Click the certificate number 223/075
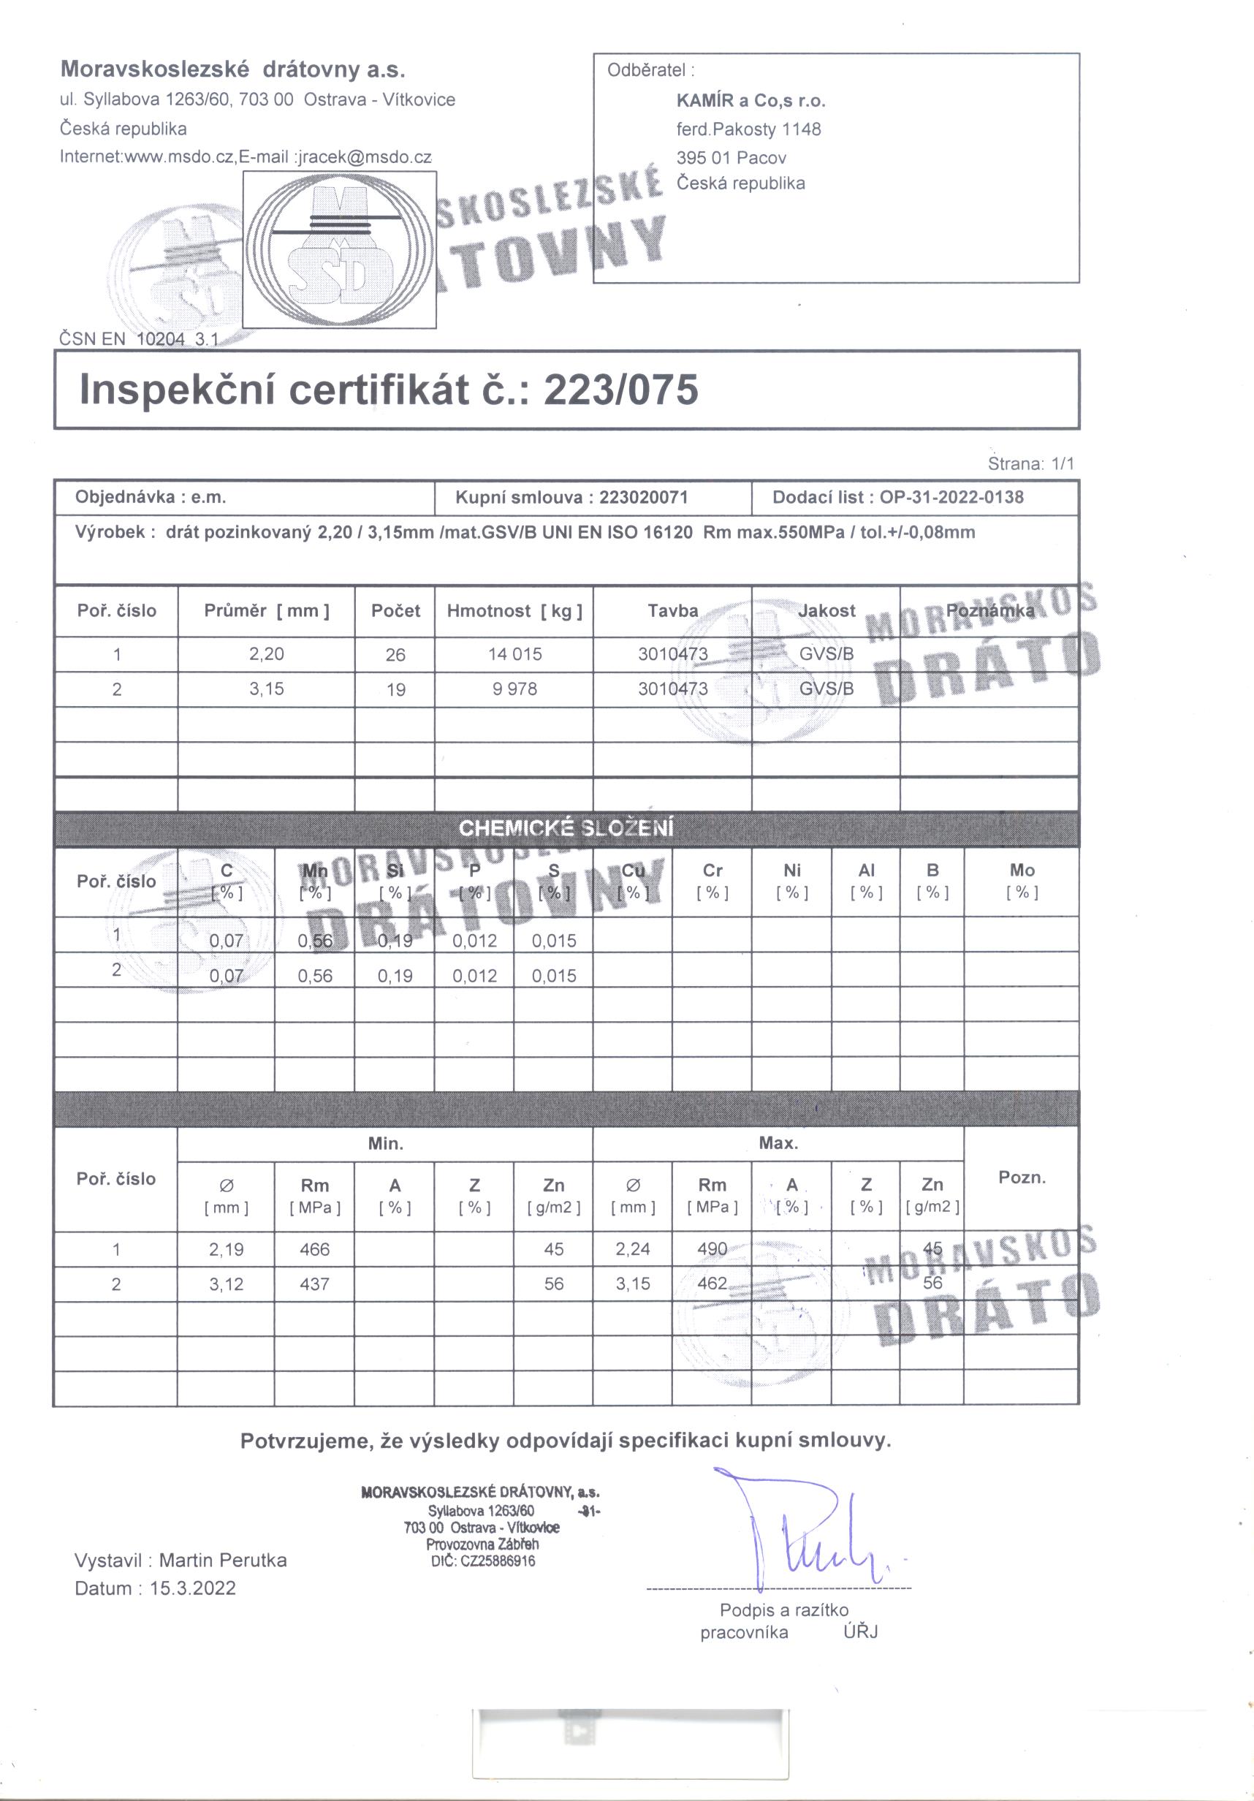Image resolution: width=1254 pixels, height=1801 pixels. (x=620, y=389)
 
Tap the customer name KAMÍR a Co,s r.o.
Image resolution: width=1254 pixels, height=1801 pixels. (x=750, y=100)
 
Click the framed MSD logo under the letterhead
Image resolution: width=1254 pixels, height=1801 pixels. (x=339, y=249)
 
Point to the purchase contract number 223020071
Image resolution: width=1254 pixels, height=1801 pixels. (x=643, y=497)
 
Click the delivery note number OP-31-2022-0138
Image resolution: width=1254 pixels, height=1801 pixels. (x=951, y=497)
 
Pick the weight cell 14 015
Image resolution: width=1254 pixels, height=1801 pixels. (x=514, y=654)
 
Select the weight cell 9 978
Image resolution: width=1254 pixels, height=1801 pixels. (x=514, y=689)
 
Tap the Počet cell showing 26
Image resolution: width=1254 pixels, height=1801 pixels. (x=395, y=654)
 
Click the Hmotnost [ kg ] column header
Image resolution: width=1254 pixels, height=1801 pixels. (x=514, y=611)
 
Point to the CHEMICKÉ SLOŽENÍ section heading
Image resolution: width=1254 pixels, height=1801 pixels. (x=566, y=828)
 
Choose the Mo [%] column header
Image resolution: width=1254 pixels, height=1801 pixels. (x=1022, y=881)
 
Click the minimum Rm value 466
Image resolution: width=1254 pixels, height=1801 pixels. (x=314, y=1248)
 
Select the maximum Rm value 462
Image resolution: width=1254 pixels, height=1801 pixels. (x=712, y=1284)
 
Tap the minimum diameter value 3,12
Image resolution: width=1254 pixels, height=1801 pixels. (x=226, y=1284)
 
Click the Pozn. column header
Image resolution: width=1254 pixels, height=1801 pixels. (x=1022, y=1178)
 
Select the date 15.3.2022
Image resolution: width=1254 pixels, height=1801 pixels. (x=193, y=1588)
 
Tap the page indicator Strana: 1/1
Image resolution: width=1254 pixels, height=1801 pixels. (x=1030, y=463)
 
